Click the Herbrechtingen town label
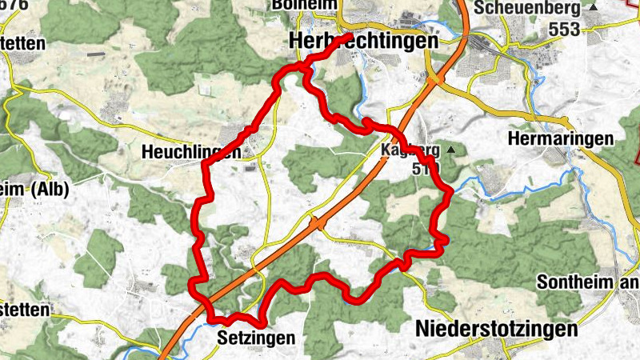[x=366, y=41]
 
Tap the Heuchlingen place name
[x=190, y=152]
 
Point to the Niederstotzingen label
[x=496, y=330]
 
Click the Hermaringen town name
[x=561, y=138]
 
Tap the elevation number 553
[x=565, y=27]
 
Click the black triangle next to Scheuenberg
[x=593, y=7]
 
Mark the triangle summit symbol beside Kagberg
[x=452, y=150]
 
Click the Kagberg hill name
[x=410, y=150]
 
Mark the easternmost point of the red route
[x=452, y=191]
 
